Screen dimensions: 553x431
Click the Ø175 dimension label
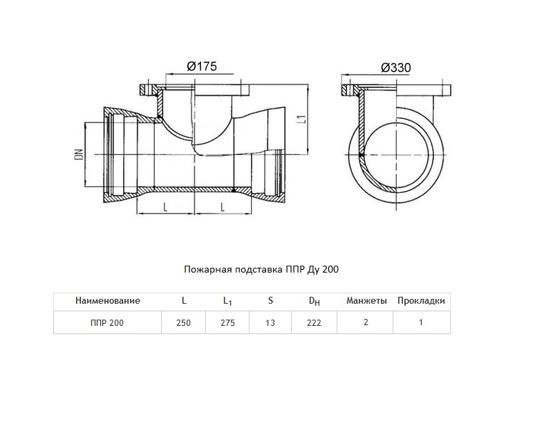click(202, 66)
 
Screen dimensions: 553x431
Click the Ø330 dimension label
click(395, 67)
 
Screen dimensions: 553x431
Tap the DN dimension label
click(79, 154)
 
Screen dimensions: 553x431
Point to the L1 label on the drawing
click(301, 118)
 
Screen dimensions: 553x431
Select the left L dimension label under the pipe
click(165, 208)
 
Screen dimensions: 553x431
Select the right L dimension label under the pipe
click(222, 208)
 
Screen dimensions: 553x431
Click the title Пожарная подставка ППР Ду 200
click(261, 269)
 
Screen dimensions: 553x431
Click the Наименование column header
click(108, 300)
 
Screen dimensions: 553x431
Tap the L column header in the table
click(184, 300)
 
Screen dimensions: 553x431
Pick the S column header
click(270, 300)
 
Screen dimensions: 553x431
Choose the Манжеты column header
click(366, 300)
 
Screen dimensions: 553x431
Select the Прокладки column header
click(421, 301)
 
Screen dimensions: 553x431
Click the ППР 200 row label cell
click(107, 322)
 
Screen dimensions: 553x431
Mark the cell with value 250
click(183, 322)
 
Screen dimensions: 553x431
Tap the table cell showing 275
click(227, 322)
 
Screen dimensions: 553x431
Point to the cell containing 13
click(270, 322)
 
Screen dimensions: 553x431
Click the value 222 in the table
click(314, 322)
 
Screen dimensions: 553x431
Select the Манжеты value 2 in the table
click(366, 322)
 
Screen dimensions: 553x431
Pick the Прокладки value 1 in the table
click(421, 322)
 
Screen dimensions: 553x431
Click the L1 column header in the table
click(227, 301)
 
